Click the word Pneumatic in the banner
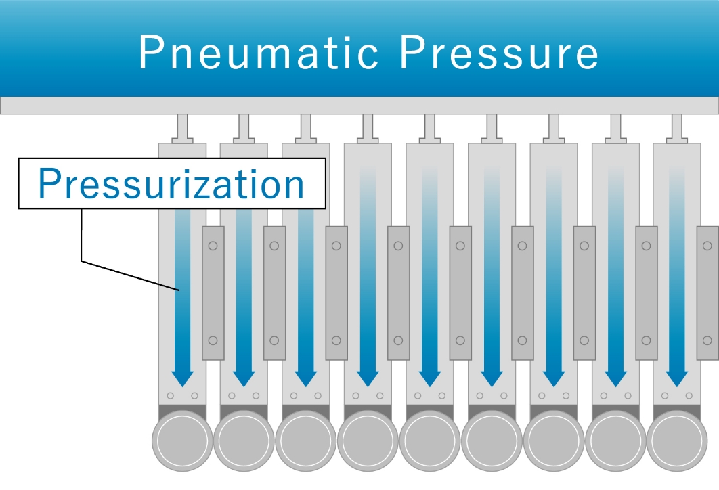pyautogui.click(x=258, y=52)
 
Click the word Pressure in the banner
pyautogui.click(x=499, y=52)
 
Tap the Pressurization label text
pyautogui.click(x=171, y=184)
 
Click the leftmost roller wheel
pyautogui.click(x=182, y=441)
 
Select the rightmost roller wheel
pyautogui.click(x=677, y=441)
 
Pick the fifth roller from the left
pyautogui.click(x=430, y=441)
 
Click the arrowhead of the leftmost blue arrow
pyautogui.click(x=182, y=378)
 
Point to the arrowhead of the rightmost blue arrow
pyautogui.click(x=677, y=378)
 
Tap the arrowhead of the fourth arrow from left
pyautogui.click(x=368, y=378)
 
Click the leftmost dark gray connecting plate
pyautogui.click(x=213, y=293)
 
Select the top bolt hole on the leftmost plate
pyautogui.click(x=213, y=246)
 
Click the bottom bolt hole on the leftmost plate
pyautogui.click(x=213, y=340)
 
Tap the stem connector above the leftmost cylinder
pyautogui.click(x=182, y=129)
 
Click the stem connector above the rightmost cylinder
pyautogui.click(x=677, y=129)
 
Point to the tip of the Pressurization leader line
pyautogui.click(x=179, y=290)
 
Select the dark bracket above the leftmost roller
pyautogui.click(x=182, y=412)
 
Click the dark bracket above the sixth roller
pyautogui.click(x=492, y=412)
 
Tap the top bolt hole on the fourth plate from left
pyautogui.click(x=398, y=246)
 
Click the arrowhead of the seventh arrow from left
pyautogui.click(x=553, y=378)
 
